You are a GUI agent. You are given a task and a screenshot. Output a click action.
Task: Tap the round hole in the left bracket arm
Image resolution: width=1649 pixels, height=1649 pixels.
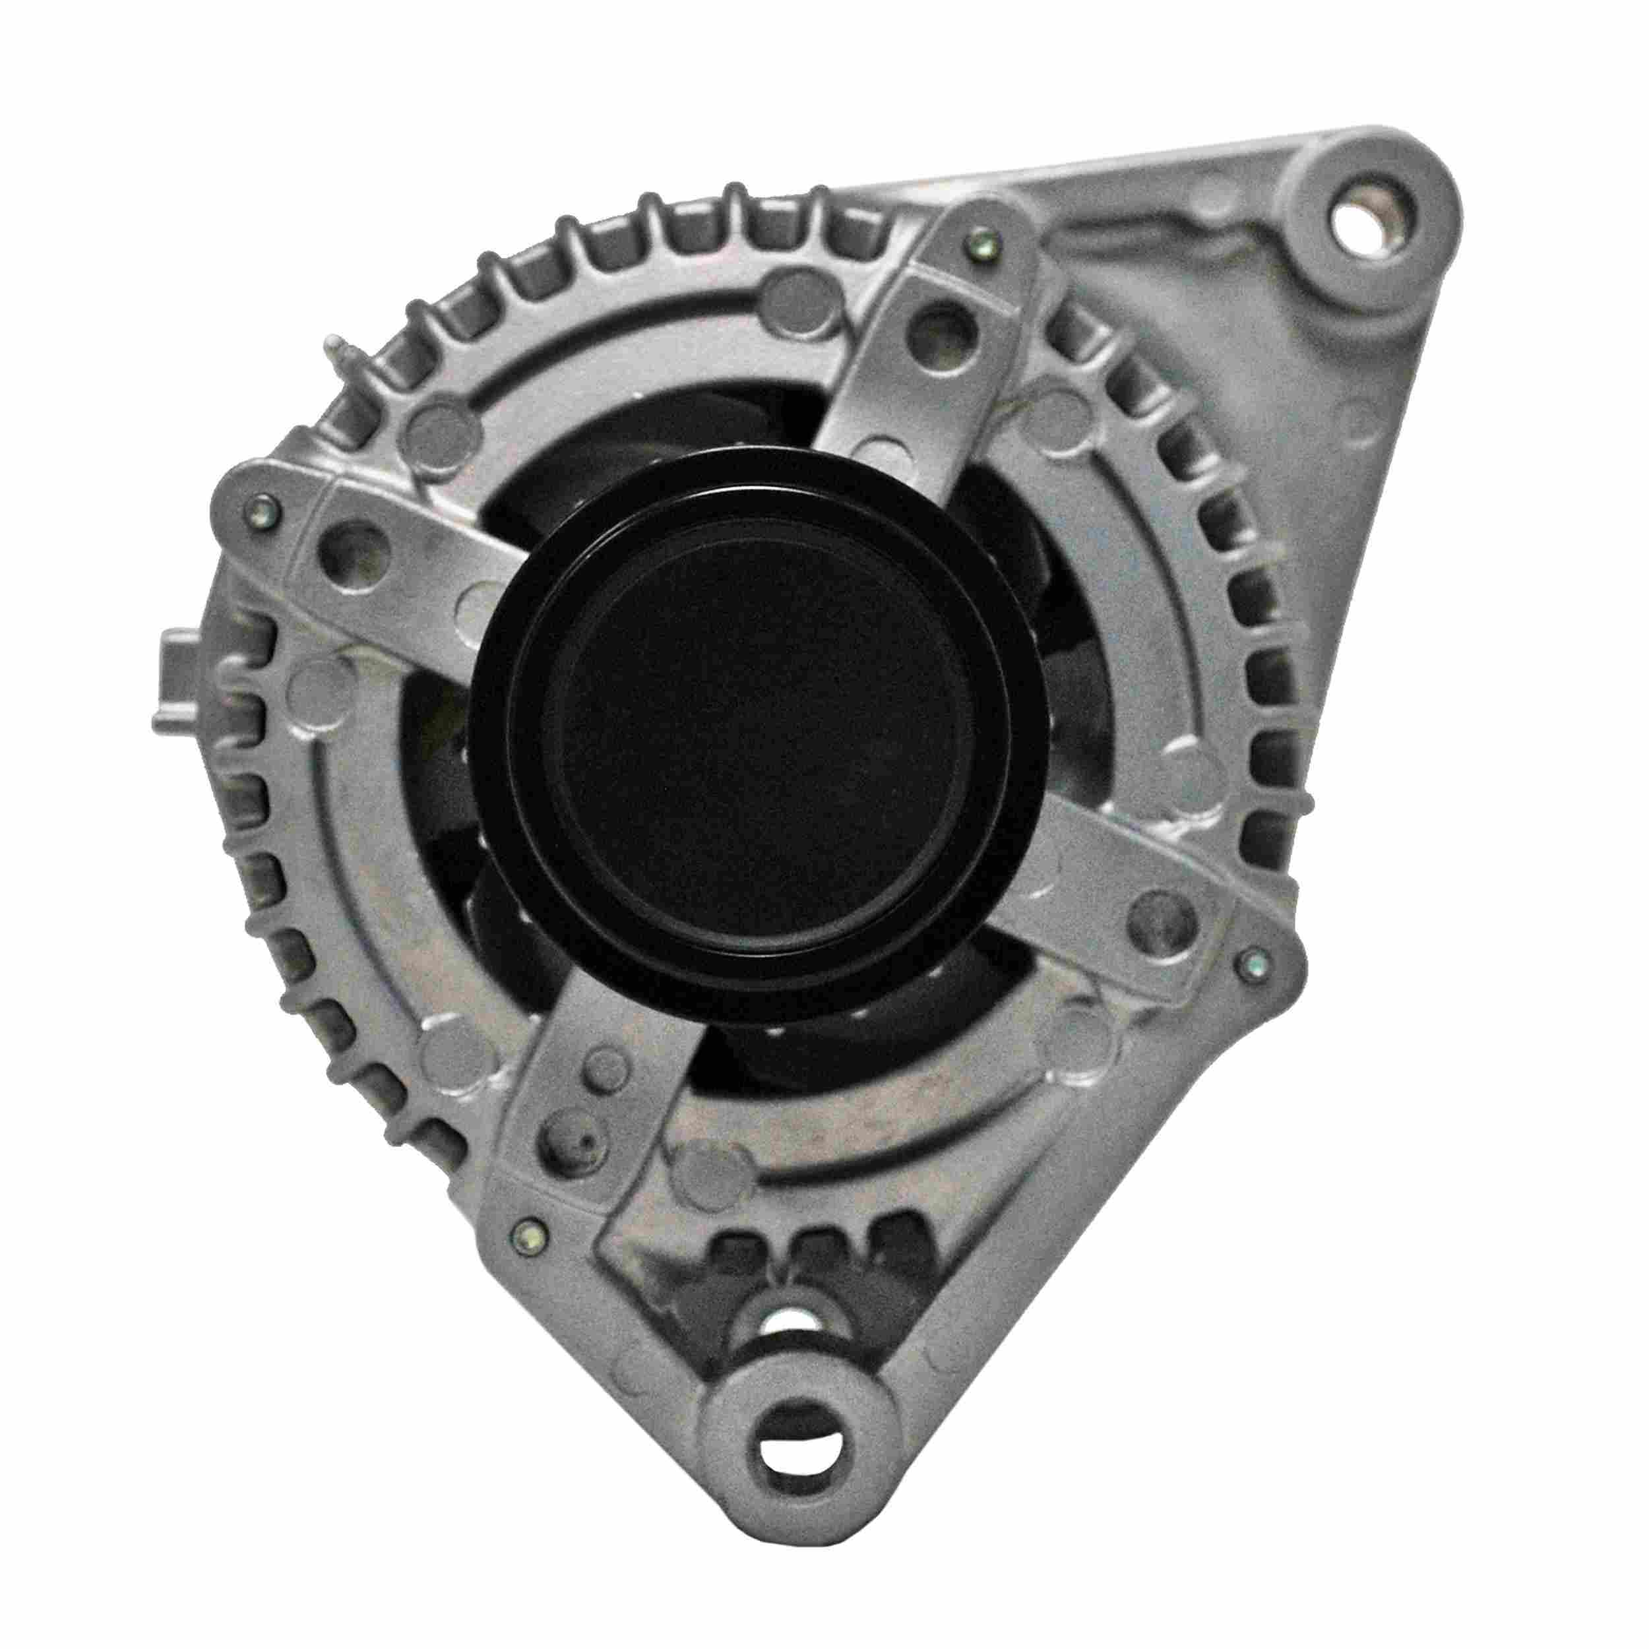pos(349,551)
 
